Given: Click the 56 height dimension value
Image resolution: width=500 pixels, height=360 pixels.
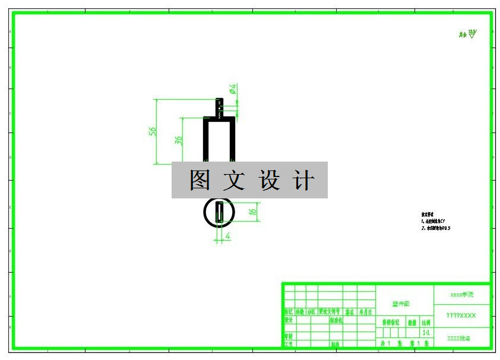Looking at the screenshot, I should coord(152,131).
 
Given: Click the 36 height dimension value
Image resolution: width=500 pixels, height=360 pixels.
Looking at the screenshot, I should coord(178,140).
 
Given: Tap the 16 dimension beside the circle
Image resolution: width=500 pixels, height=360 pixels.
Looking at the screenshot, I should coord(252,211).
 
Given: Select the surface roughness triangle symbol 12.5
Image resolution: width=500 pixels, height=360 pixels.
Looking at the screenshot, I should coord(472,34).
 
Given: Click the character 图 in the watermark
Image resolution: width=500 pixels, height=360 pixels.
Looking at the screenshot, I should coord(200,180).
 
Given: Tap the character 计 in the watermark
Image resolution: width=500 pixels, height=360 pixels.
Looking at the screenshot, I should coord(303,180).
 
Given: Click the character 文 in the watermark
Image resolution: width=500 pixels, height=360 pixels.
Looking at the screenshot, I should coord(235,180).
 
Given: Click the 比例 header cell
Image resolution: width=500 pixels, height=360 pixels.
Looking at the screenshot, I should coord(426,323).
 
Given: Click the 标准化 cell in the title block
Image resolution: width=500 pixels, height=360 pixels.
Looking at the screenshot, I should coord(336,320).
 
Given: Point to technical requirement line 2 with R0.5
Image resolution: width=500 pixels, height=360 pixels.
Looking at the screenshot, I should coord(436,228).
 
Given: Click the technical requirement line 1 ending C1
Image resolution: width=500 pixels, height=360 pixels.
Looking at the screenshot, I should coord(433,221).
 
